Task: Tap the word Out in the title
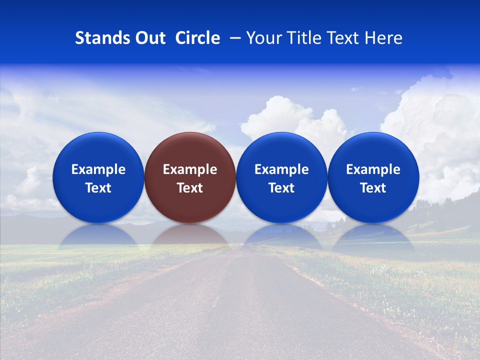click(149, 38)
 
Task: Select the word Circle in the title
click(197, 38)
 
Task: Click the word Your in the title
click(263, 38)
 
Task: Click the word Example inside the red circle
click(190, 169)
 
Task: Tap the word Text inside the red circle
click(190, 188)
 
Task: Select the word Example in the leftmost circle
click(98, 169)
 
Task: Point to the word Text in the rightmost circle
click(373, 188)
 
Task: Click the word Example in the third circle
click(281, 169)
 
